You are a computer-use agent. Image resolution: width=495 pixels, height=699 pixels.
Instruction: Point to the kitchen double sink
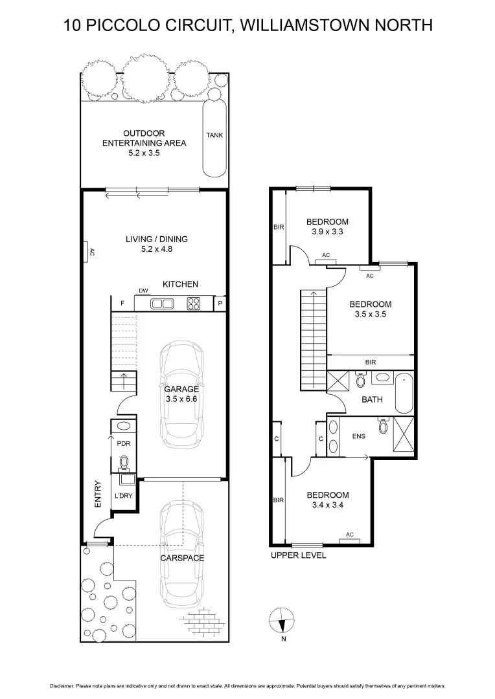pyautogui.click(x=161, y=303)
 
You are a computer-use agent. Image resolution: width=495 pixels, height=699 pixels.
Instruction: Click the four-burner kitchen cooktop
pyautogui.click(x=194, y=303)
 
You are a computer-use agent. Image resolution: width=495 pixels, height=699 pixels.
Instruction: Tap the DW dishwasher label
pyautogui.click(x=144, y=291)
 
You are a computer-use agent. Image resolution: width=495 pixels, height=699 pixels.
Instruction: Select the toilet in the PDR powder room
pyautogui.click(x=124, y=463)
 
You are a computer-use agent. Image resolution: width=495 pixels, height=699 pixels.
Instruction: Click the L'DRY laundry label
pyautogui.click(x=123, y=496)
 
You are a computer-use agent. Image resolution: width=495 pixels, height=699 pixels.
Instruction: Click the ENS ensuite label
pyautogui.click(x=359, y=436)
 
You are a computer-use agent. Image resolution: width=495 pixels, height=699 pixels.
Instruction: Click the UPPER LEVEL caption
pyautogui.click(x=298, y=555)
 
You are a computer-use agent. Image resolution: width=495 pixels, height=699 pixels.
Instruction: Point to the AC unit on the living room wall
pyautogui.click(x=86, y=251)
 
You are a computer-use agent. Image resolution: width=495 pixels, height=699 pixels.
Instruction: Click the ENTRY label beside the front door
pyautogui.click(x=98, y=493)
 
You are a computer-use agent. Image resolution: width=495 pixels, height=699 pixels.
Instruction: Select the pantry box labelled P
pyautogui.click(x=220, y=303)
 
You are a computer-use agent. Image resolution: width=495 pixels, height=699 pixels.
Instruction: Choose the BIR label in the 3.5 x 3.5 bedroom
pyautogui.click(x=370, y=362)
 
